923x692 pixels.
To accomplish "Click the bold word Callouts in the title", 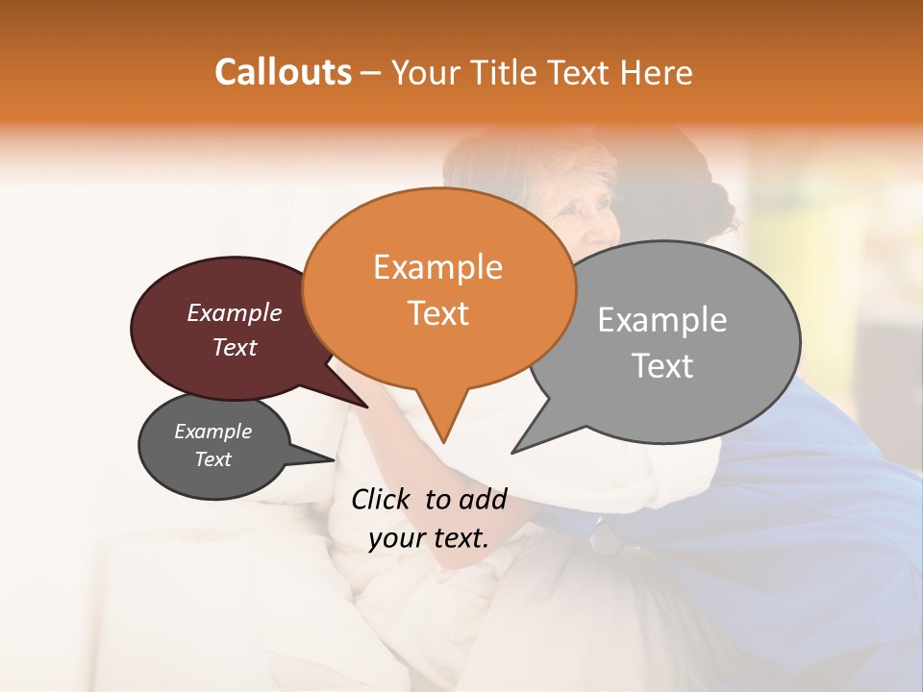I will point(283,72).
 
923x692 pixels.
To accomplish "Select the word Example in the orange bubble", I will point(437,267).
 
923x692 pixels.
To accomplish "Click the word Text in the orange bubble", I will point(437,312).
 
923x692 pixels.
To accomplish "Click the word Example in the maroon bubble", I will point(234,312).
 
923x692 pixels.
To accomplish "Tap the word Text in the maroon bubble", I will point(234,347).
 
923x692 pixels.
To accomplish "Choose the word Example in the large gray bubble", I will point(661,320).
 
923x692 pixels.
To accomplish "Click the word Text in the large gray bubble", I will point(663,365).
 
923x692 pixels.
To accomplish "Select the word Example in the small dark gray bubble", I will point(212,432).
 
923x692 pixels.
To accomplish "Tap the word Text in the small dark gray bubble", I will point(212,459).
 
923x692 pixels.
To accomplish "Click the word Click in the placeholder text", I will point(383,499).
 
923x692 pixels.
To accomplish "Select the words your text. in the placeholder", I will point(429,538).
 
